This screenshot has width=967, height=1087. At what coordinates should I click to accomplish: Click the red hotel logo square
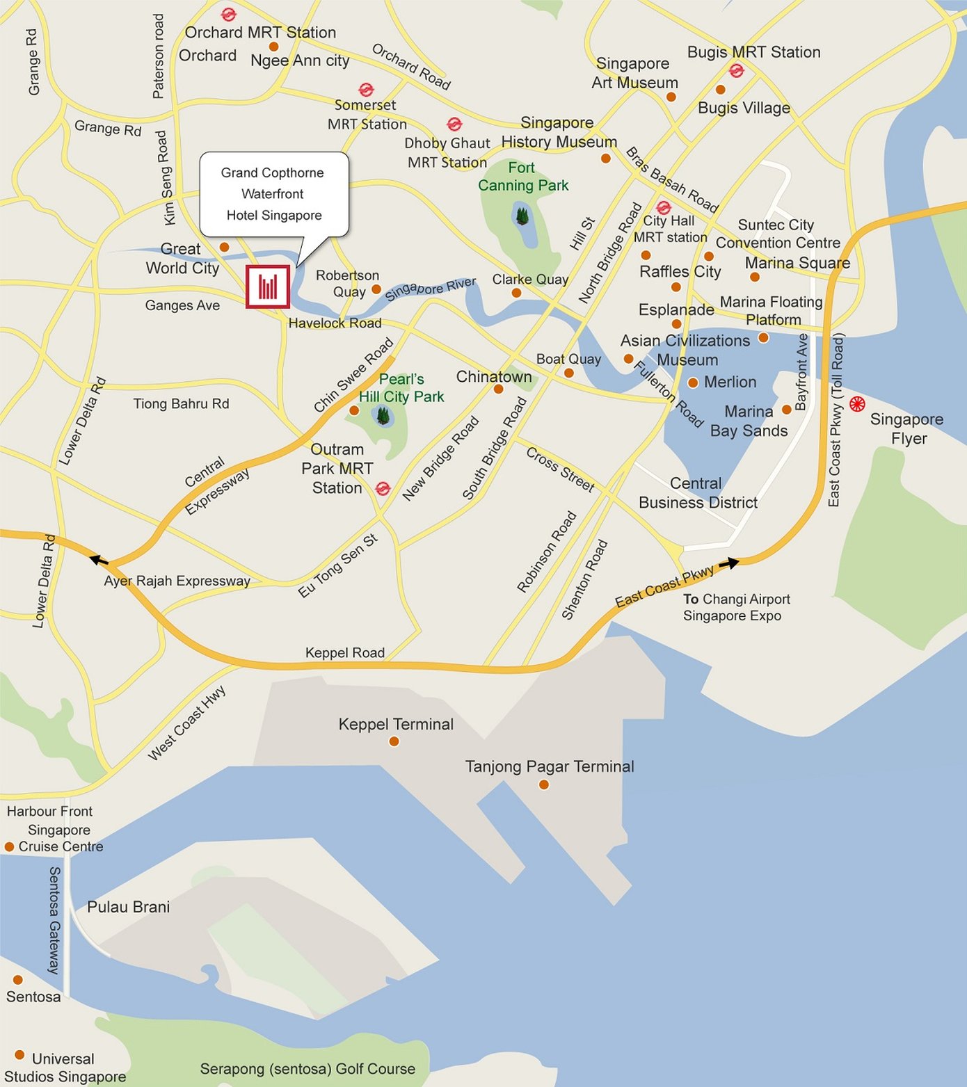(x=268, y=287)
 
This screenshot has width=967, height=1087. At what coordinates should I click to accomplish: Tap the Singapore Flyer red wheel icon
(x=857, y=403)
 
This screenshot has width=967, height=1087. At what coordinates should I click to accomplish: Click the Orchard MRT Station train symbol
(x=228, y=14)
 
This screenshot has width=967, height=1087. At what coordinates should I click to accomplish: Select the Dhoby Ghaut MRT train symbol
(x=454, y=124)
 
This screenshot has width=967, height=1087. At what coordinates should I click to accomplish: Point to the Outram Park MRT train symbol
(x=383, y=488)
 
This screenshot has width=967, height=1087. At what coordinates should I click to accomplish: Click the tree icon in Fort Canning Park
(x=522, y=216)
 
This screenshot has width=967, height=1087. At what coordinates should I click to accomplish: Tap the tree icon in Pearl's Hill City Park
(x=382, y=416)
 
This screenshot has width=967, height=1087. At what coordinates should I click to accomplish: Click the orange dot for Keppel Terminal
(x=394, y=741)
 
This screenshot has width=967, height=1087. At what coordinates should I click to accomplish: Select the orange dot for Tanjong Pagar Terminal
(x=544, y=784)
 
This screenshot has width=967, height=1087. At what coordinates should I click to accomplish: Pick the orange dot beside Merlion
(x=693, y=383)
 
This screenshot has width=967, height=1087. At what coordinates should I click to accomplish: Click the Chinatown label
(x=494, y=377)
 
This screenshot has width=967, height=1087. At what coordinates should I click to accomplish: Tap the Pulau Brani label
(x=128, y=907)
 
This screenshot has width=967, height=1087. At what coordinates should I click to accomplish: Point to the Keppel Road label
(x=345, y=652)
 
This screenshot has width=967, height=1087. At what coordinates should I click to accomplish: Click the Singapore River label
(x=431, y=288)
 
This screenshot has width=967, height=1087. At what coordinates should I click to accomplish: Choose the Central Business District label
(x=698, y=493)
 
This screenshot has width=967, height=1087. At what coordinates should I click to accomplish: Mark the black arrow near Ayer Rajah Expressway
(x=99, y=558)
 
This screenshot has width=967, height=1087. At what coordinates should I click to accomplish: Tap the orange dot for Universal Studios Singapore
(x=19, y=1055)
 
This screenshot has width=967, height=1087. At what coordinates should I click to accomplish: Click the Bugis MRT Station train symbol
(x=736, y=70)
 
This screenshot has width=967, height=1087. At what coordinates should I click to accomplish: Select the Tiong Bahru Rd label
(x=181, y=403)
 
